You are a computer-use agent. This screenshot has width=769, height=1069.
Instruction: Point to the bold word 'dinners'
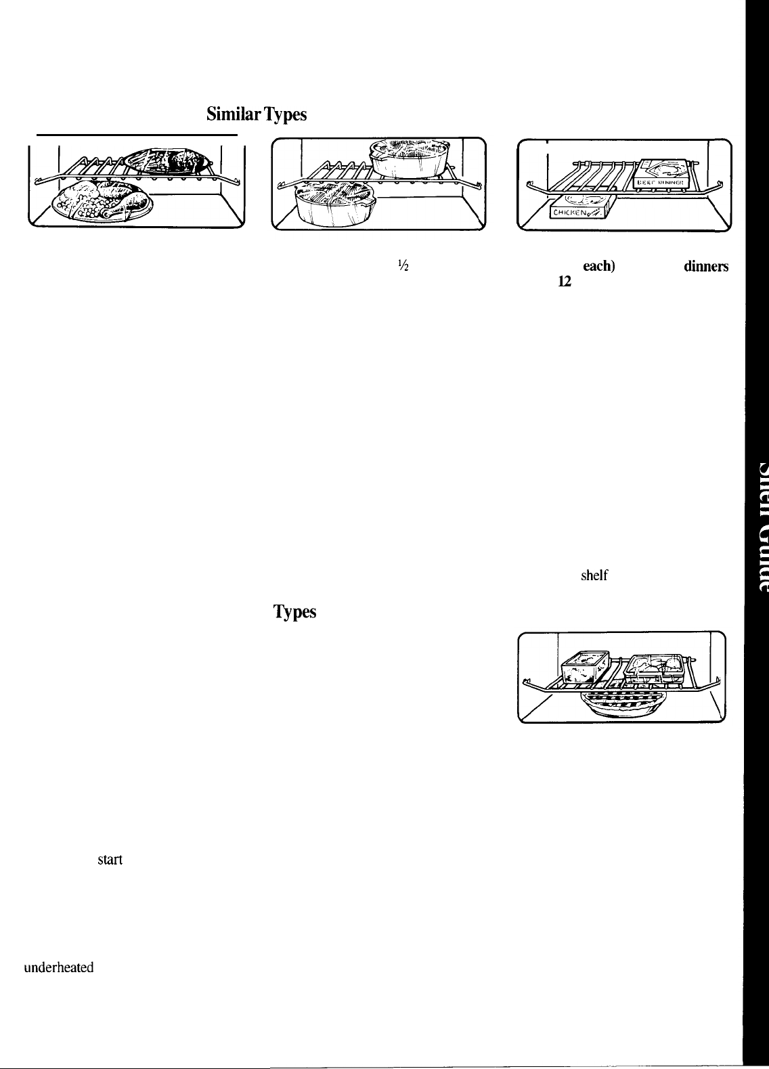pyautogui.click(x=706, y=267)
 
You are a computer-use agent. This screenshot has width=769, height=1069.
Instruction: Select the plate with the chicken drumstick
pyautogui.click(x=100, y=201)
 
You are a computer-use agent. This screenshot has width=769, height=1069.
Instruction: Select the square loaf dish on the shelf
pyautogui.click(x=585, y=670)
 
